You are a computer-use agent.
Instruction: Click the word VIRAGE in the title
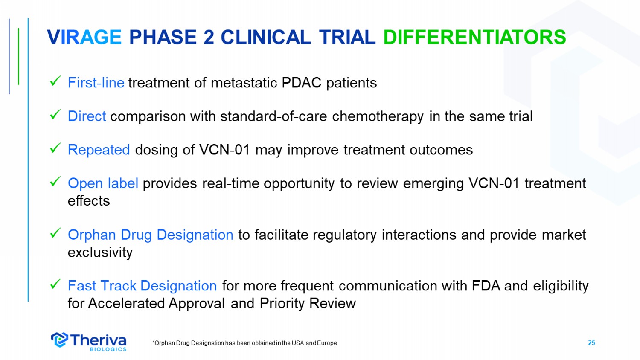[x=84, y=37]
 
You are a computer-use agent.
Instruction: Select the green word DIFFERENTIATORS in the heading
[x=474, y=37]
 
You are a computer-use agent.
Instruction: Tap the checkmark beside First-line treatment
[x=55, y=81]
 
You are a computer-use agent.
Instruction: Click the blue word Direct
[x=87, y=116]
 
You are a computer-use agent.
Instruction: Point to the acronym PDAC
[x=301, y=83]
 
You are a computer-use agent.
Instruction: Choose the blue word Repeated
[x=99, y=150]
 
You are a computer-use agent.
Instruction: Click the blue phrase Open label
[x=103, y=183]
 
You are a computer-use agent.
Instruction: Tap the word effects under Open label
[x=89, y=201]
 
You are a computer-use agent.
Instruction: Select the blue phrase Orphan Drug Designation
[x=151, y=235]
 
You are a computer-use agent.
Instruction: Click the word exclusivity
[x=100, y=252]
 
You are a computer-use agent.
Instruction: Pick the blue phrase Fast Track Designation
[x=142, y=286]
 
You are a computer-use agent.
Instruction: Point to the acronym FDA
[x=486, y=286]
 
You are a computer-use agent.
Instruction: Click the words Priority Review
[x=308, y=303]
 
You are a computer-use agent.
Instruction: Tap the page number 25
[x=591, y=343]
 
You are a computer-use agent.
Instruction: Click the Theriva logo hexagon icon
[x=59, y=340]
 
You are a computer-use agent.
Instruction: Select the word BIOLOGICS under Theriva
[x=108, y=349]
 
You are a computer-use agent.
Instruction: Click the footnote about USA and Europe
[x=245, y=343]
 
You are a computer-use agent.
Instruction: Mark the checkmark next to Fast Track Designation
[x=55, y=284]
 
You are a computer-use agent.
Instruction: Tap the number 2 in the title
[x=209, y=37]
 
